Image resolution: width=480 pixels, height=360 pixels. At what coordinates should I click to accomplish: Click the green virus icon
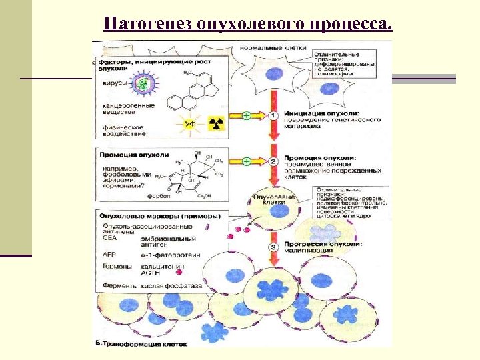(x=142, y=83)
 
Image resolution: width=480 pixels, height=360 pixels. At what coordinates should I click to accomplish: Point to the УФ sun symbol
(x=189, y=124)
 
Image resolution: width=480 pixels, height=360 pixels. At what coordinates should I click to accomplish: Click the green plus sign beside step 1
(x=246, y=116)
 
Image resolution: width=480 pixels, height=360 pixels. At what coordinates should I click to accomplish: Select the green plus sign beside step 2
(x=246, y=161)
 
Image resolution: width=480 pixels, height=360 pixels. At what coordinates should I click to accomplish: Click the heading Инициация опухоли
(x=317, y=113)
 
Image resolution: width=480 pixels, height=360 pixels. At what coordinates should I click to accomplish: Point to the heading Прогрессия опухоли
(x=323, y=244)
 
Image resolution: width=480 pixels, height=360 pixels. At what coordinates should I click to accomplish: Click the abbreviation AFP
(x=109, y=255)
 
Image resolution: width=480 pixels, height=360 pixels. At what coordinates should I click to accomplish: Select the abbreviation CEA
(x=109, y=237)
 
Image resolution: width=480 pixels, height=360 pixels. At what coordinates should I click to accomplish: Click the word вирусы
(x=113, y=85)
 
